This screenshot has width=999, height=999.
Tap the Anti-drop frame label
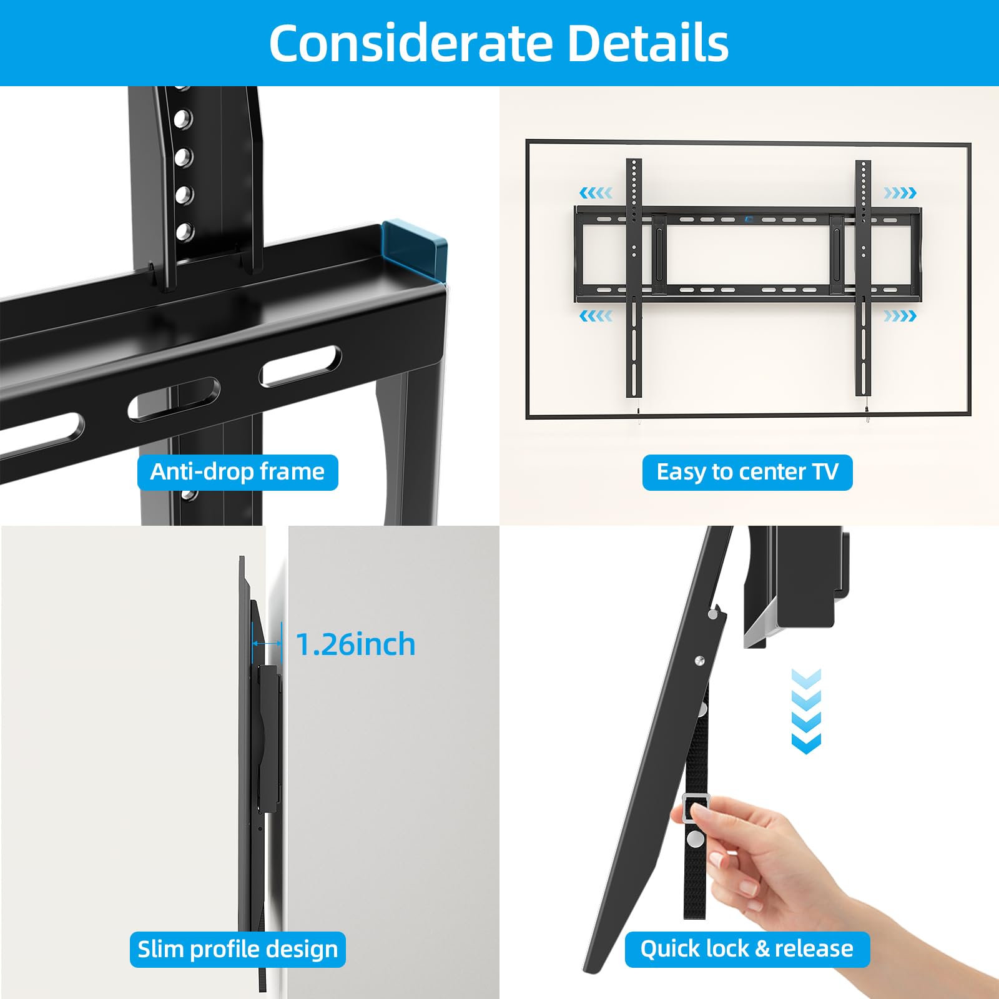[x=237, y=472]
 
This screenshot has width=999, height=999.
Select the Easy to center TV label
[x=747, y=472]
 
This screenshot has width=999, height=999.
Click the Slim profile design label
[x=237, y=949]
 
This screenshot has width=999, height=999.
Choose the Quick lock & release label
[x=747, y=949]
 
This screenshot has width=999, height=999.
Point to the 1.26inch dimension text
[x=355, y=644]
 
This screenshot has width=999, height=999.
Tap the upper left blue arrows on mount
[x=596, y=193]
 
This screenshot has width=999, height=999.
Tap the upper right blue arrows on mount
[x=900, y=193]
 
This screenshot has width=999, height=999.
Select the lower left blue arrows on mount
[x=596, y=316]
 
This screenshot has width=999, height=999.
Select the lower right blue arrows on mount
[x=900, y=316]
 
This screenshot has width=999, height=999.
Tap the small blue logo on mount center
[x=749, y=219]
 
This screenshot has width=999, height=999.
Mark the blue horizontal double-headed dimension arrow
[x=267, y=643]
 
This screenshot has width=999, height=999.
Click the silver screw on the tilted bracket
[x=700, y=660]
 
